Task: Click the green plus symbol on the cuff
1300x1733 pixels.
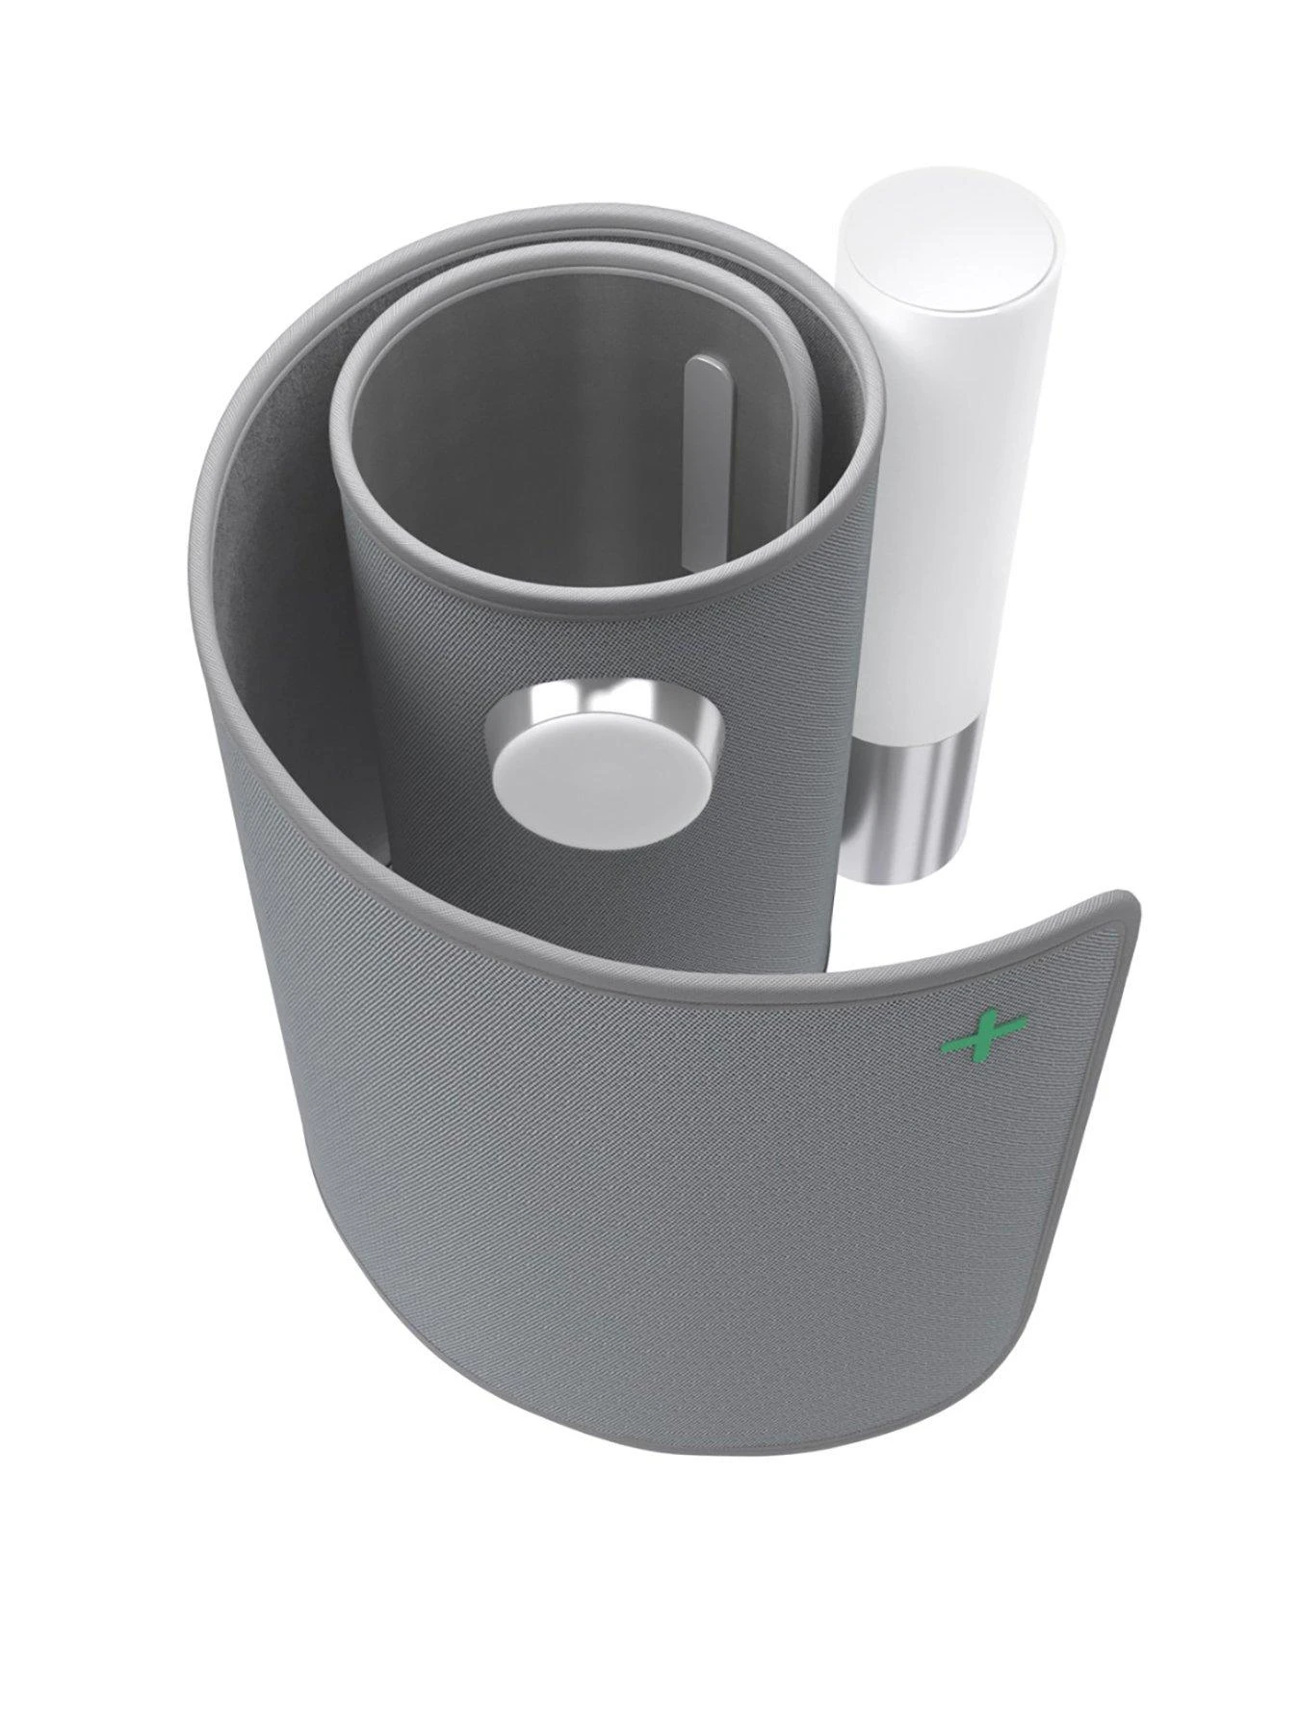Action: click(x=983, y=1037)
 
